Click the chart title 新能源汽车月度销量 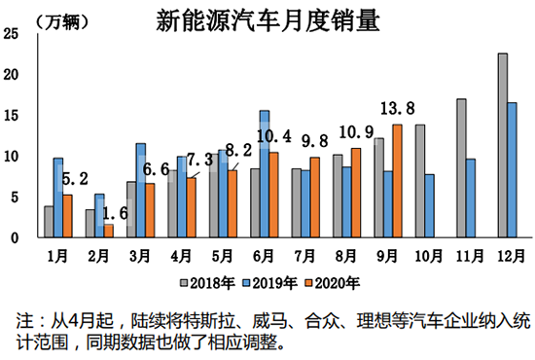pyautogui.click(x=267, y=19)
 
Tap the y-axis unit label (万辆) pyautogui.click(x=38, y=19)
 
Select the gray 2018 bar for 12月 pyautogui.click(x=502, y=145)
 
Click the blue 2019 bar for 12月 pyautogui.click(x=512, y=169)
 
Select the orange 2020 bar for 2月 pyautogui.click(x=108, y=231)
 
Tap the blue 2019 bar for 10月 pyautogui.click(x=429, y=205)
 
